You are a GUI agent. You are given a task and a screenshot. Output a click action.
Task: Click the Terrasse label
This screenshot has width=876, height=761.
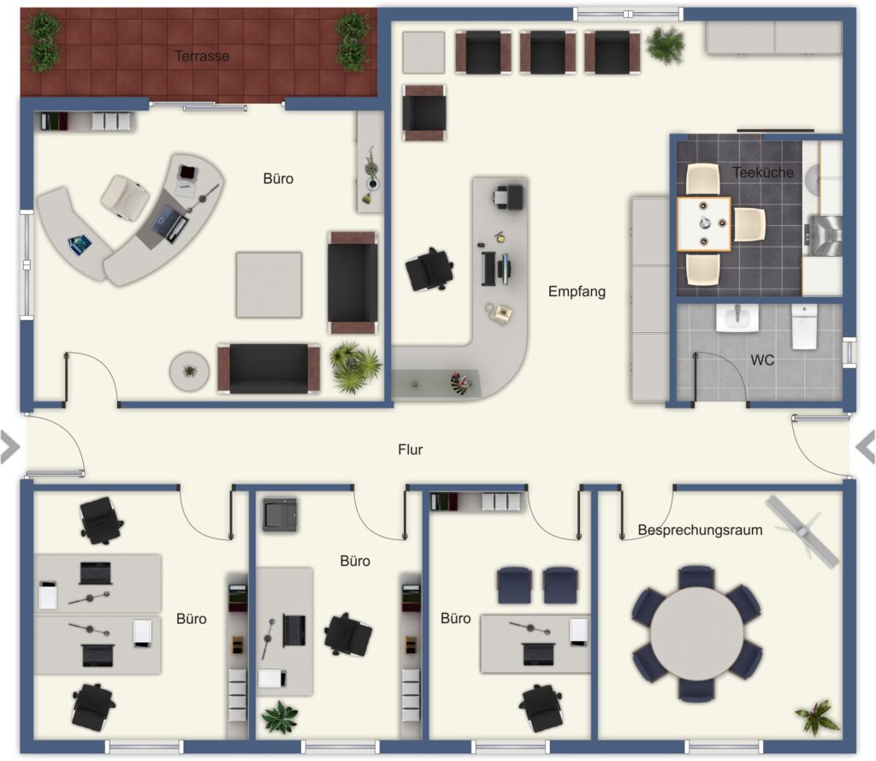[202, 56]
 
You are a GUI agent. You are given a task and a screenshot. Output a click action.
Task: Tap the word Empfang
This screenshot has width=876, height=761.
[577, 291]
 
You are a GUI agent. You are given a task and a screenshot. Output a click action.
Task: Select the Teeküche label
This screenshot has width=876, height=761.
[762, 172]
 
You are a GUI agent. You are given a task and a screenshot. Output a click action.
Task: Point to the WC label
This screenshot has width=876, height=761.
[762, 360]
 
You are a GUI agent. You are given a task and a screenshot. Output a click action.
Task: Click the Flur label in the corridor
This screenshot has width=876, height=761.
[410, 449]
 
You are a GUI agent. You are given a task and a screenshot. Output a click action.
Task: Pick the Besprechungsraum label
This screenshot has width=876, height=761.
[700, 530]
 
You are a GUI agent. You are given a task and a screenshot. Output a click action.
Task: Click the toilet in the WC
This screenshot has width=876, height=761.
[804, 326]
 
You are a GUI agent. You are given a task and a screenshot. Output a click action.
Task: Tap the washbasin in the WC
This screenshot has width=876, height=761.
[737, 318]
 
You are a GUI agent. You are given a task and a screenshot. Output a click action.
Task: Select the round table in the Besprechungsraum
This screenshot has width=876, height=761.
[696, 633]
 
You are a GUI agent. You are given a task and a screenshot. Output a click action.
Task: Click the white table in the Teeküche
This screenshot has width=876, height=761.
[704, 224]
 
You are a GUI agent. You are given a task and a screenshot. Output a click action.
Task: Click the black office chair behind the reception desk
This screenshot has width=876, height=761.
[429, 270]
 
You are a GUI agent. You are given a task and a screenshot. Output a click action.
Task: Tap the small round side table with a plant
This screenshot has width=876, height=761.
[189, 371]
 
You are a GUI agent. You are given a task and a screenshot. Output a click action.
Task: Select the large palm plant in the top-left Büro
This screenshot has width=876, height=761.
[355, 366]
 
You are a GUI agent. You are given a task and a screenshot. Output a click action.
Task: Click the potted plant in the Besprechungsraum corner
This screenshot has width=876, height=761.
[817, 716]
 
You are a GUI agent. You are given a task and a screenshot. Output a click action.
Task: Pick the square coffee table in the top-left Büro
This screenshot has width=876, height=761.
[269, 285]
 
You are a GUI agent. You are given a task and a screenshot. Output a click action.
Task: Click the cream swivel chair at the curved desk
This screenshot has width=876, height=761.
[125, 196]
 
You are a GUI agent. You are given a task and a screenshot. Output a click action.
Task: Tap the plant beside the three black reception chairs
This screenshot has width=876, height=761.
[665, 45]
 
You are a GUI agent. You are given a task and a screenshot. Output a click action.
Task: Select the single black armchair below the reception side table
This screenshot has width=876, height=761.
[424, 112]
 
